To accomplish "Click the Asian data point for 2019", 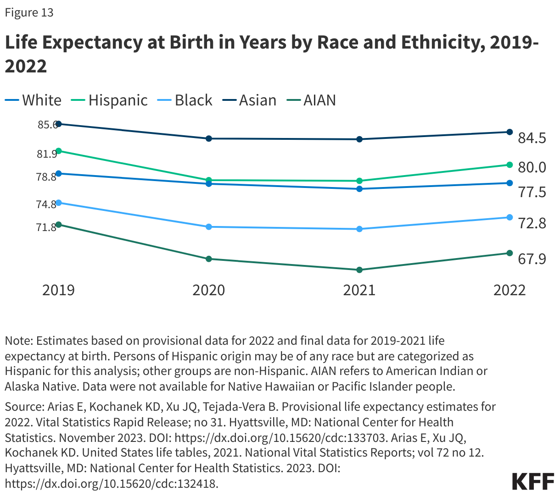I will point(58,124).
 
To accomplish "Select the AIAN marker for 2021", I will point(359,270).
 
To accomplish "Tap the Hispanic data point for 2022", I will point(510,165).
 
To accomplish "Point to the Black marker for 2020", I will point(209,227).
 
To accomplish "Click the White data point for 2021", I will point(359,189).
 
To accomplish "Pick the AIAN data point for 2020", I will point(209,259).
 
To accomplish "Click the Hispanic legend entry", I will point(110,100).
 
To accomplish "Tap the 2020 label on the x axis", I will point(209,290).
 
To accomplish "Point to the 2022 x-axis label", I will point(510,290).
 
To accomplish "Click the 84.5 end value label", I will point(532,138).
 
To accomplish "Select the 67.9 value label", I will point(532,259).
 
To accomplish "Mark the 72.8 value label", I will point(532,223).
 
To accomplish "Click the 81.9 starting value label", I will point(47,154).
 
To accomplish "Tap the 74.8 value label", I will point(46,204).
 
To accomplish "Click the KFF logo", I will point(533,481).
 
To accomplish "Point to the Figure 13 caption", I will point(29,13).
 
